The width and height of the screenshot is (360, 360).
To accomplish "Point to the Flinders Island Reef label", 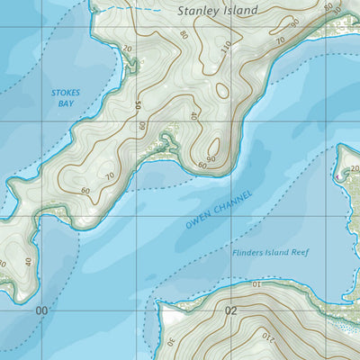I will click(269, 253).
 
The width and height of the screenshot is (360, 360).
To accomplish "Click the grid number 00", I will click(41, 311).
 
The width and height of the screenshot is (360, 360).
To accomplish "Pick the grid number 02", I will click(232, 311).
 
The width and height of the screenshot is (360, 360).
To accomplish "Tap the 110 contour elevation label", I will click(225, 46).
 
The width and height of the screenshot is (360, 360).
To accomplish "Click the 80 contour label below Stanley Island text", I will click(184, 35).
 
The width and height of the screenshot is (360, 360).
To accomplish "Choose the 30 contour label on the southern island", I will click(171, 341).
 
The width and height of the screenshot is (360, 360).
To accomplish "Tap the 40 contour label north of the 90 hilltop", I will click(193, 116).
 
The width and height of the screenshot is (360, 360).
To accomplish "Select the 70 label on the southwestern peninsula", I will click(112, 175).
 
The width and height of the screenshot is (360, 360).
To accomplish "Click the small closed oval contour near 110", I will click(222, 89).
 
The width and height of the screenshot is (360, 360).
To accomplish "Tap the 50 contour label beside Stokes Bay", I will click(138, 106).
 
